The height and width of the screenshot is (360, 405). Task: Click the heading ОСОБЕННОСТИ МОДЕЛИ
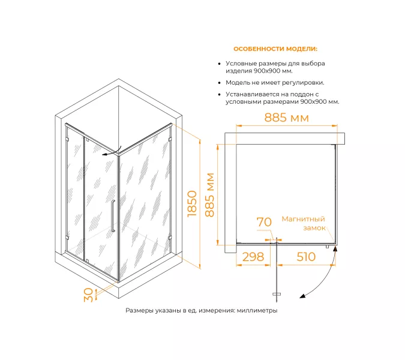275,49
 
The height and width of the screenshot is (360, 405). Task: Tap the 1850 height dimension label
192,204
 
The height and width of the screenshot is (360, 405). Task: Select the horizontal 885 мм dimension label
286,118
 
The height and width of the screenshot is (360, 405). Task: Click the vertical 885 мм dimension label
209,195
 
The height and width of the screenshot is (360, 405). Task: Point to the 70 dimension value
264,222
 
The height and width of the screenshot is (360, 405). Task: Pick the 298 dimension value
253,257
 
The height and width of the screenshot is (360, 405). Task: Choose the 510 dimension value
306,257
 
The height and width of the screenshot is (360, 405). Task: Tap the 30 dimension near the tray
88,295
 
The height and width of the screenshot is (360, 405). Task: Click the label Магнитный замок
304,223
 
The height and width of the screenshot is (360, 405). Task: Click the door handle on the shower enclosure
113,216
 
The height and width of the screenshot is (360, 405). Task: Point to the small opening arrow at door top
112,152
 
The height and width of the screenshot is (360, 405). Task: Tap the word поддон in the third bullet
301,94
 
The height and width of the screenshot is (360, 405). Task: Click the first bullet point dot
220,64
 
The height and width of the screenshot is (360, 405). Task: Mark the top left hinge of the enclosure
67,139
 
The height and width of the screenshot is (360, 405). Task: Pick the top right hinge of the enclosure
170,139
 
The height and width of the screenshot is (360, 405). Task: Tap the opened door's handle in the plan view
277,294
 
